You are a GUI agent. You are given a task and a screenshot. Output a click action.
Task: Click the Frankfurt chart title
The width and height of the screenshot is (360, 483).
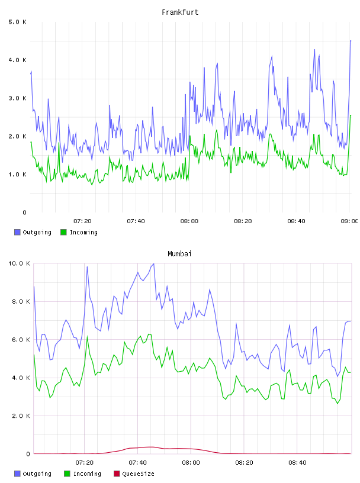coord(180,12)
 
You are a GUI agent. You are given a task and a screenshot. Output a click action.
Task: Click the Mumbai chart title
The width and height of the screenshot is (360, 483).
coord(179,253)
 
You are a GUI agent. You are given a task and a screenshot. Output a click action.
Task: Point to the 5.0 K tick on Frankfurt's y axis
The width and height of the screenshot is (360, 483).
coord(17,22)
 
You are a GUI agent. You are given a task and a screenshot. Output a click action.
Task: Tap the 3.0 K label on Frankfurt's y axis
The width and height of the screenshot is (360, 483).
coord(17,98)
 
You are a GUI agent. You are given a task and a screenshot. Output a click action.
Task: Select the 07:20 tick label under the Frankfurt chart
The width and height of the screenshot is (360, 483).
coord(83,221)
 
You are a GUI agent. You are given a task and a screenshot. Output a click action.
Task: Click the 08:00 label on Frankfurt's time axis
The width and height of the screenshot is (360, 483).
coord(189,221)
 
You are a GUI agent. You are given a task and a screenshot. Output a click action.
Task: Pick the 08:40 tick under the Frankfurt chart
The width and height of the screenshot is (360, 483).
coord(296,221)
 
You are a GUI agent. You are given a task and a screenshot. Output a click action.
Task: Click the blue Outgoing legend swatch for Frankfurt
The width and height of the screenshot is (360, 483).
coord(17,232)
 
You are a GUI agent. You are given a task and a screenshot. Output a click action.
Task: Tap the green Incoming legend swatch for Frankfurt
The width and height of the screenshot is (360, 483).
coord(63,232)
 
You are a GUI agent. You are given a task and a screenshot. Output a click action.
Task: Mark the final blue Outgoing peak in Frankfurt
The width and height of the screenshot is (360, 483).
coord(351,41)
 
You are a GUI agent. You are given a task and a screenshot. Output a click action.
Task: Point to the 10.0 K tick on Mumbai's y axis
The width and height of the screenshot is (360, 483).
coord(19,263)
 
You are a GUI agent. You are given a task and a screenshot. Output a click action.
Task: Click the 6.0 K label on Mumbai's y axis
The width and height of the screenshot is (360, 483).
coord(21,339)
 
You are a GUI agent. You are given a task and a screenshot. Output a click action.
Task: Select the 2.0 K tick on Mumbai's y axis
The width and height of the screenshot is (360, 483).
coord(21,416)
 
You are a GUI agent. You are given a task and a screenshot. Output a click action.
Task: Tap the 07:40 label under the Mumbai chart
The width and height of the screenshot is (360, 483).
coord(137,462)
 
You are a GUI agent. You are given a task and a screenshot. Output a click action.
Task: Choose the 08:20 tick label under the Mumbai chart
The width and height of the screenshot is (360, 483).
coord(244,462)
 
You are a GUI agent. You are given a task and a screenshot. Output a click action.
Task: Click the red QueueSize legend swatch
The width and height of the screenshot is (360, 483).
coord(117,474)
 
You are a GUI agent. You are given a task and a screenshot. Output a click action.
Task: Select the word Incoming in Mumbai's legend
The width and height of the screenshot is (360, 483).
coord(87,474)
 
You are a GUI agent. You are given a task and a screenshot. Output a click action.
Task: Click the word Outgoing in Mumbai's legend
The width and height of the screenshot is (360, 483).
coord(37,474)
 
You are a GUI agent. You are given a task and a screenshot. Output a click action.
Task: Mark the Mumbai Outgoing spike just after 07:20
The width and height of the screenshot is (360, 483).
coord(87,267)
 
